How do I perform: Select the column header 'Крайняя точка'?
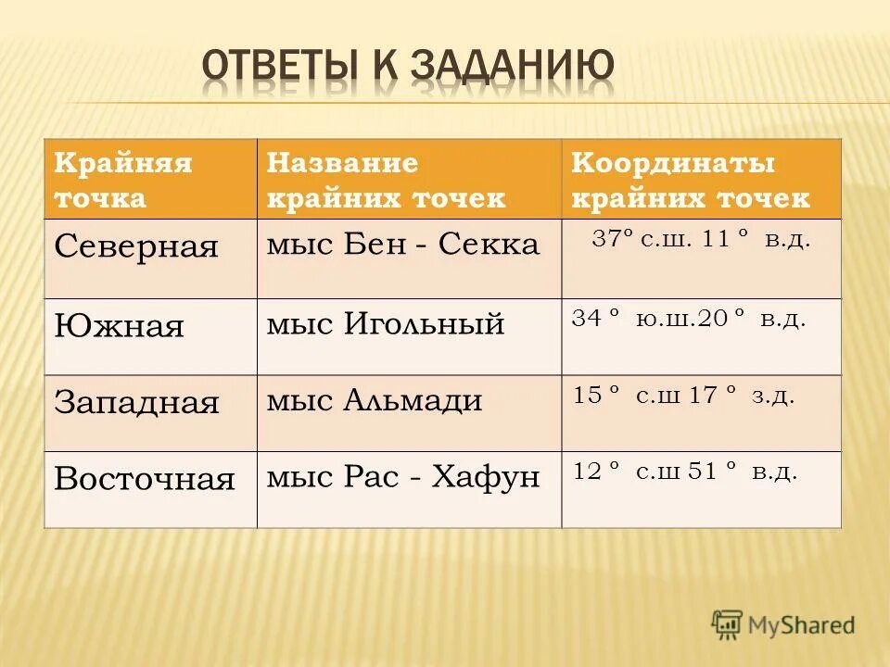(x=123, y=181)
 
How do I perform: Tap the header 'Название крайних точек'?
(x=387, y=181)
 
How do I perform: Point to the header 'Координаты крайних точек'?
(x=691, y=181)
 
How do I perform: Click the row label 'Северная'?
(x=136, y=246)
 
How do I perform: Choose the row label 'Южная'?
(x=120, y=326)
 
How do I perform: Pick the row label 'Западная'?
(x=136, y=402)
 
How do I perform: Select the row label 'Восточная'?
(x=145, y=479)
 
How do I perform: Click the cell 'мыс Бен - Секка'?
(x=403, y=245)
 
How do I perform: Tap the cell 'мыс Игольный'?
(x=386, y=324)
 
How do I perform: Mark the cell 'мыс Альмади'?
(x=375, y=400)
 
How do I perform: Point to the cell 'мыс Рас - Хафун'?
(x=403, y=477)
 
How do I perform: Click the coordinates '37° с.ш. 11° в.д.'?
(x=701, y=239)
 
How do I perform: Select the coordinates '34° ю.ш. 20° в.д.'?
(x=689, y=320)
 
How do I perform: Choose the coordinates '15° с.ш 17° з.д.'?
(x=684, y=396)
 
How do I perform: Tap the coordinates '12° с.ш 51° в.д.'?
(x=685, y=472)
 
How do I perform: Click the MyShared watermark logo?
(x=783, y=625)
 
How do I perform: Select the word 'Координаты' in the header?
(x=673, y=164)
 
